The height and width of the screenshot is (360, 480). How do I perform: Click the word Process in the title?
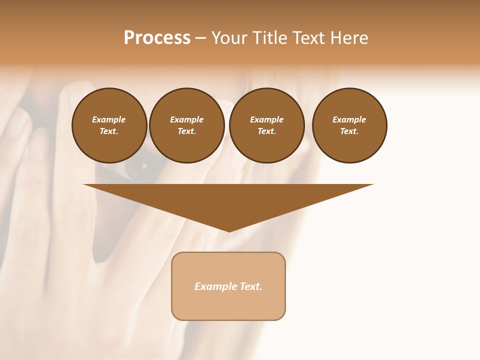pos(157,38)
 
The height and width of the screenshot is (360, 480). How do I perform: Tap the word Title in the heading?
pos(268,38)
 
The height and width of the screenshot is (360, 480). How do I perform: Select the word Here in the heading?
pos(349,38)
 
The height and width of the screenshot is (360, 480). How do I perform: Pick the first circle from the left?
pos(109,125)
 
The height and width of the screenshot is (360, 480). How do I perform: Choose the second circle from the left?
pos(187,125)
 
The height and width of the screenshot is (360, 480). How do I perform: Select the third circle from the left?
pos(266,125)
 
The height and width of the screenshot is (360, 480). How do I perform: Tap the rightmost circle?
pos(349,125)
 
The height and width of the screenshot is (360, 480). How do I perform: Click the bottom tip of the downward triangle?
pos(229,230)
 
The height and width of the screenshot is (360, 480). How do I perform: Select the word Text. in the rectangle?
pos(251,286)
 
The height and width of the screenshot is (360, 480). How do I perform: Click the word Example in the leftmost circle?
pos(109,119)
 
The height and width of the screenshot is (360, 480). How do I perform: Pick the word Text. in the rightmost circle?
pos(349,131)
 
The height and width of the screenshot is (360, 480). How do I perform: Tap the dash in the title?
pos(200,39)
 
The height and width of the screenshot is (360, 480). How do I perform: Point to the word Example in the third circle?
pos(266,119)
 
